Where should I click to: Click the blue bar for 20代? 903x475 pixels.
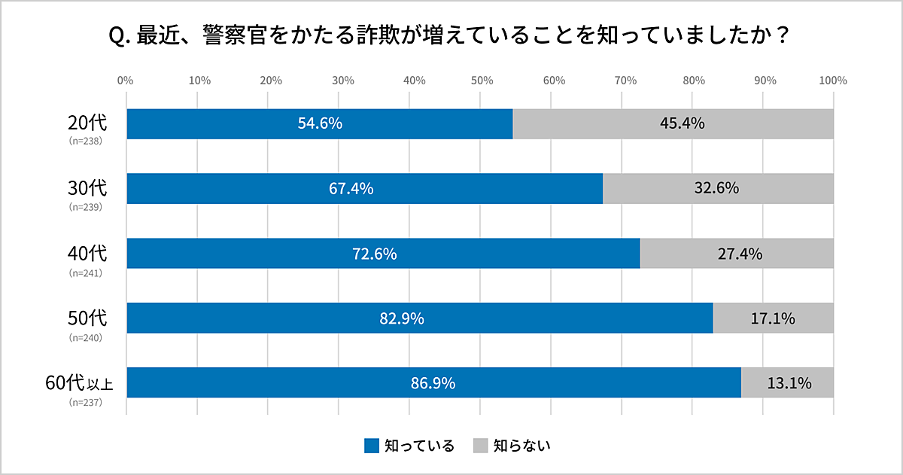(226, 123)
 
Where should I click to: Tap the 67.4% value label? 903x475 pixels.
(351, 188)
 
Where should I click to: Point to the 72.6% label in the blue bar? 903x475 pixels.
(374, 254)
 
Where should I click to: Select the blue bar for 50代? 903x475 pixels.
(301, 318)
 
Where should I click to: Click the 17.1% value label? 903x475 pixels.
(773, 318)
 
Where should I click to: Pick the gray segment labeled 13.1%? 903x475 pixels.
(788, 383)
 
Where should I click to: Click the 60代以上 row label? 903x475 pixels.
(79, 383)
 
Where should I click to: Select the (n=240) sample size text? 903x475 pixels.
(85, 337)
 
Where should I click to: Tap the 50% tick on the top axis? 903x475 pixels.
(481, 81)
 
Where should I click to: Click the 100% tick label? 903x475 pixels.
(833, 81)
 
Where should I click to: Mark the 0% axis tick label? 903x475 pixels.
(126, 81)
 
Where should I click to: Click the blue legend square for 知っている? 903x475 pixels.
(371, 446)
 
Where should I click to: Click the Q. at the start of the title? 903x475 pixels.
(120, 36)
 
